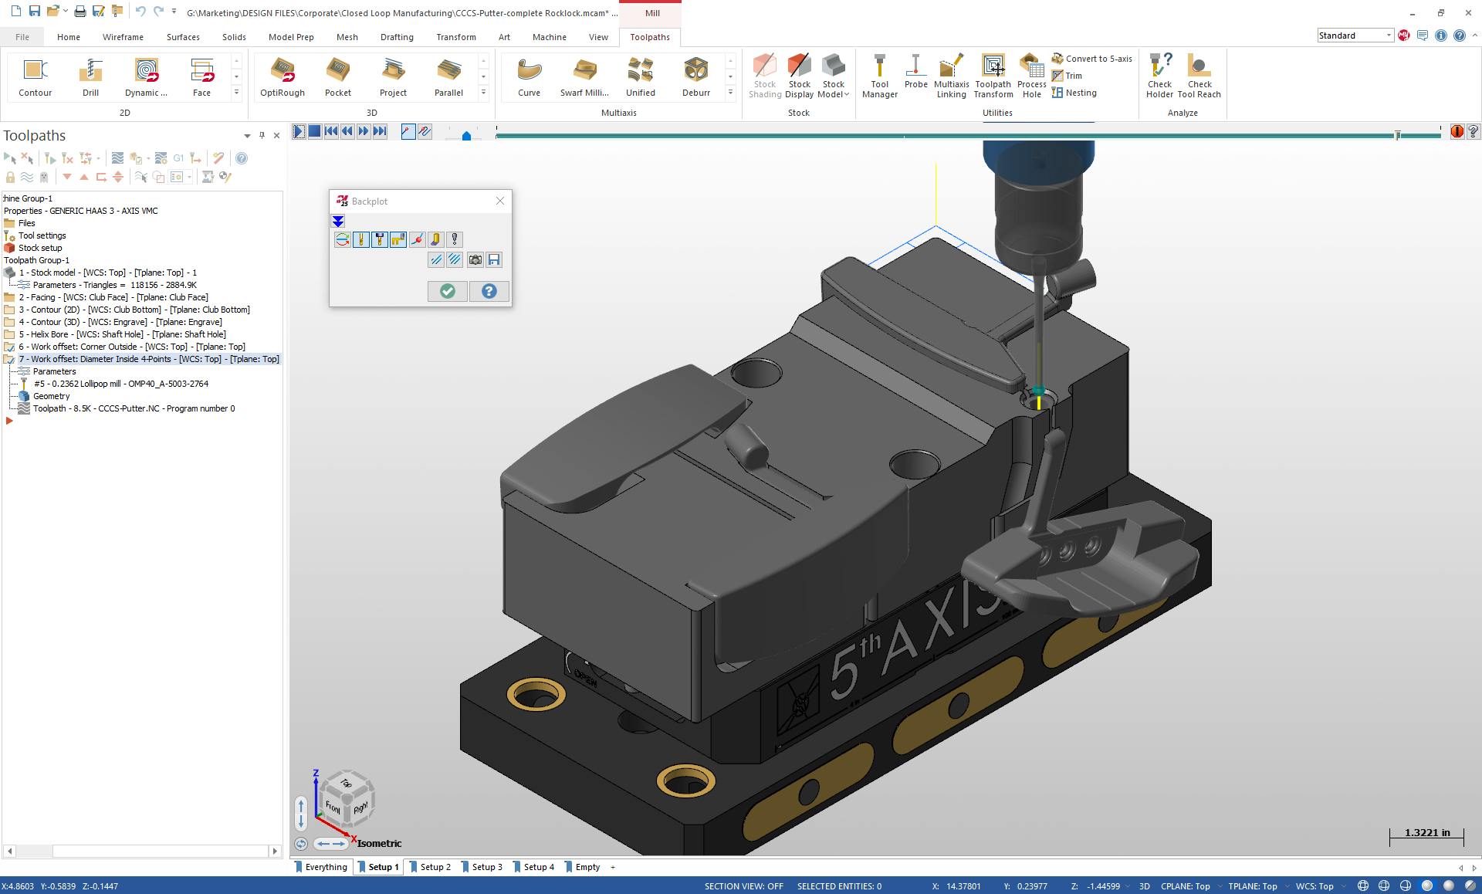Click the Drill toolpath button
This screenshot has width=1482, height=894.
[90, 76]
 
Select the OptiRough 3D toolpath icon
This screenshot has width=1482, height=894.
[282, 76]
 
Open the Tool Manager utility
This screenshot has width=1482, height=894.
[879, 76]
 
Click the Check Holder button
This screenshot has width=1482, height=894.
[1159, 76]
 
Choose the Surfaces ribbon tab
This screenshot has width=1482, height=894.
[183, 37]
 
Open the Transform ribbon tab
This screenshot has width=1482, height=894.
[455, 37]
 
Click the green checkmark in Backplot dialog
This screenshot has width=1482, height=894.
[448, 291]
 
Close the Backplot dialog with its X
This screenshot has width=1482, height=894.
[500, 201]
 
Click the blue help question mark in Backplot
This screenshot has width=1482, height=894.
[489, 291]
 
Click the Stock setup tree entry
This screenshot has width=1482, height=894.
[40, 248]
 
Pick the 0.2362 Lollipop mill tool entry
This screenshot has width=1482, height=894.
[121, 384]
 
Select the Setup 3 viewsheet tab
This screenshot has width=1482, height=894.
[486, 867]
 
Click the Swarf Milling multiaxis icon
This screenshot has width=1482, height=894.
[584, 76]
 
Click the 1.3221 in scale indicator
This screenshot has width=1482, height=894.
[1426, 833]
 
